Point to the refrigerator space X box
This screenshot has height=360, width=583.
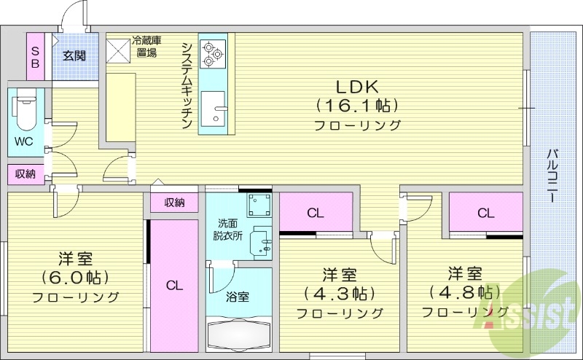pos(117,49)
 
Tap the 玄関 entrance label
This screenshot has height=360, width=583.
pos(74,55)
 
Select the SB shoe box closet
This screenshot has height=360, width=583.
pos(35,55)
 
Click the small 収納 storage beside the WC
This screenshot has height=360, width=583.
pos(24,174)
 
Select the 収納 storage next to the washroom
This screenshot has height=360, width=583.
pos(173,203)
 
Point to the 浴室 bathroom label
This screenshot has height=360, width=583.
pos(238,297)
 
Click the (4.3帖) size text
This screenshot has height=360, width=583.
pos(340,294)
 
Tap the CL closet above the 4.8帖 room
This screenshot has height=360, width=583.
pos(485,214)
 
